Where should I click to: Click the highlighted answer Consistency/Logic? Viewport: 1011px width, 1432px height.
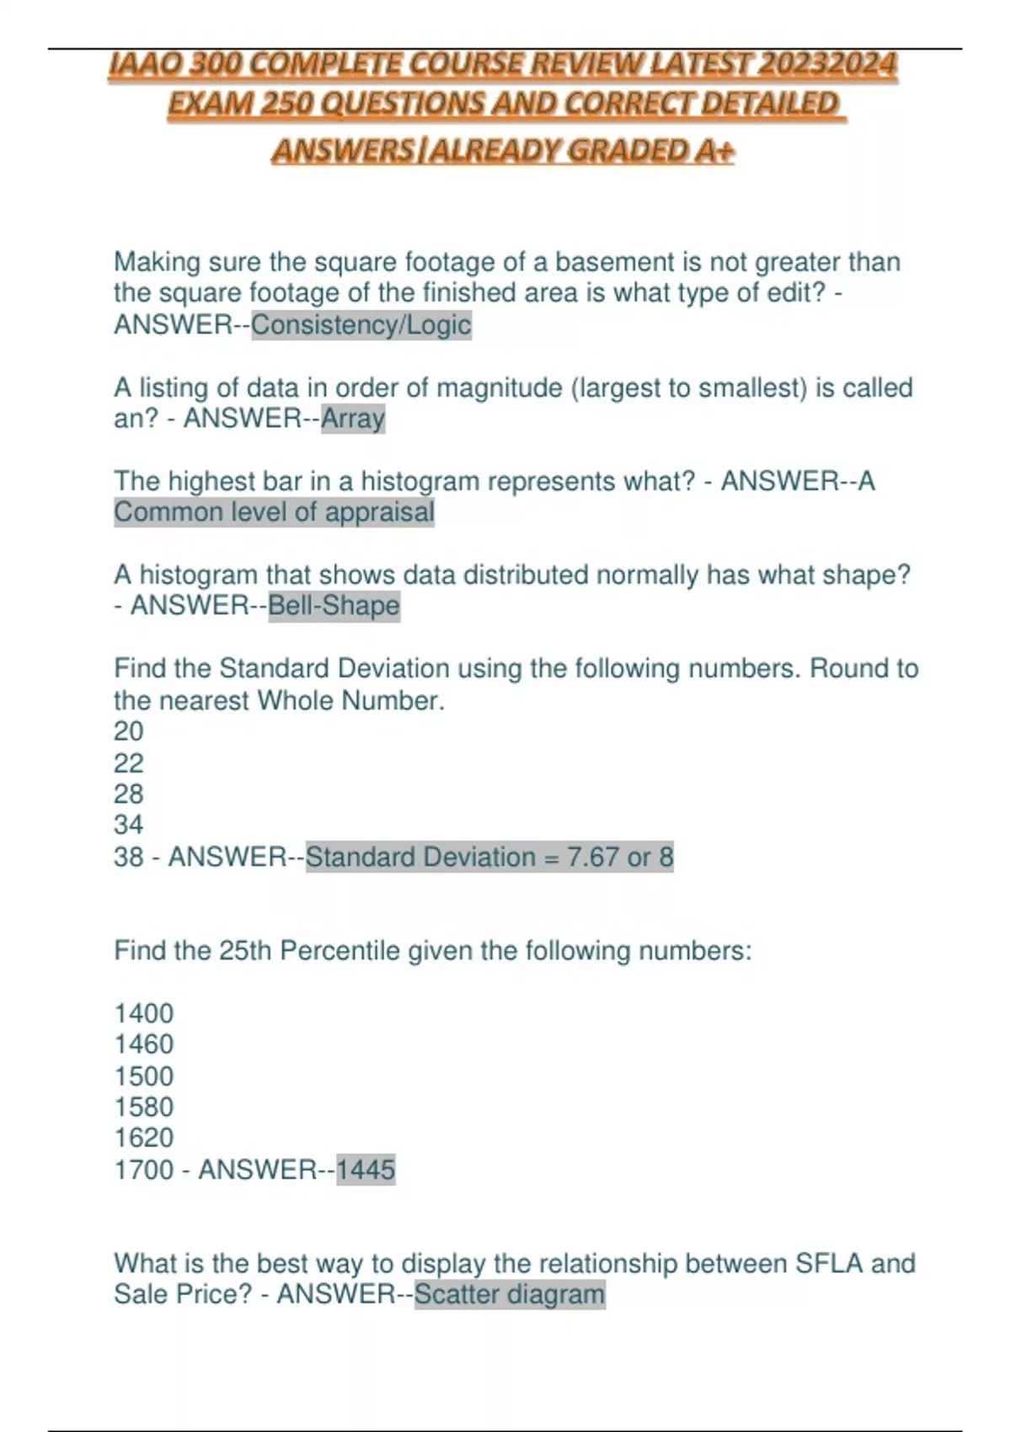(361, 325)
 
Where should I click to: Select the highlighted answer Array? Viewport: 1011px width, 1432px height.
(353, 418)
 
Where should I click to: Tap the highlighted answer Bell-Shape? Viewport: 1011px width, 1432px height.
(334, 606)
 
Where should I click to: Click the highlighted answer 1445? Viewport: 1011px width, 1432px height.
(366, 1169)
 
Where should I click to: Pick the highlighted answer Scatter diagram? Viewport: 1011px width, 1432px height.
(510, 1294)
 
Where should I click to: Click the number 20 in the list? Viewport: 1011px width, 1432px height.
(129, 731)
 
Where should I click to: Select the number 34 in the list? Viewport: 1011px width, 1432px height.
(129, 825)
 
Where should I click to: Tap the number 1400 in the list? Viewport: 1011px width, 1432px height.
(143, 1013)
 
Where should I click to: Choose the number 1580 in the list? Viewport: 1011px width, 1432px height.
(143, 1107)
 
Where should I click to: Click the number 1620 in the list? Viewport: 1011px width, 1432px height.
(143, 1138)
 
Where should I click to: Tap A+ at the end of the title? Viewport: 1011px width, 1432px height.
(714, 151)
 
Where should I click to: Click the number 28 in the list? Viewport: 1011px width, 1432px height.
(129, 793)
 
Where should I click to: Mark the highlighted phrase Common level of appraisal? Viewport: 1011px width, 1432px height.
(274, 512)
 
